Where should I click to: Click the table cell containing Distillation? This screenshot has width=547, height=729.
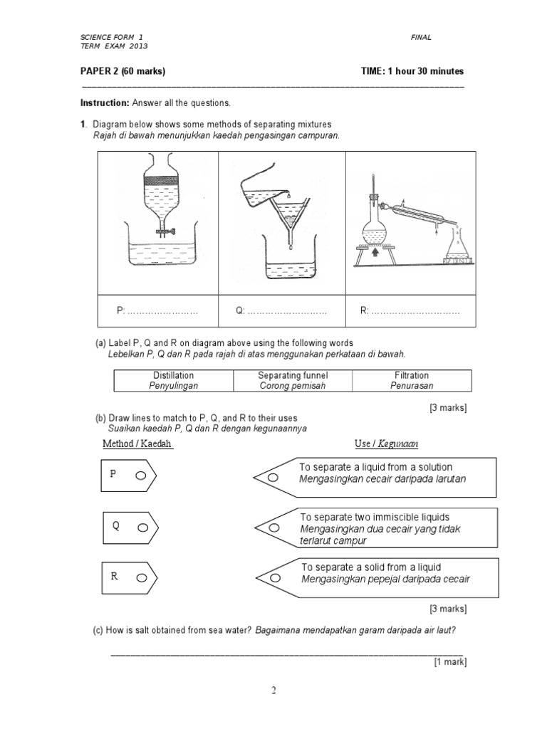tap(173, 380)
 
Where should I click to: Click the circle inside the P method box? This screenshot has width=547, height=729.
tap(140, 476)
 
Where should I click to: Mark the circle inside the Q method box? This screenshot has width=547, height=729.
tap(142, 528)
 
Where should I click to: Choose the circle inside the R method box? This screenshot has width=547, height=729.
tap(141, 578)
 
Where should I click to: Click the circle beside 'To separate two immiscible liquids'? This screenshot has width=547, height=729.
tap(273, 528)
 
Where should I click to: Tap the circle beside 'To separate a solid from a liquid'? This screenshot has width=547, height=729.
tap(273, 578)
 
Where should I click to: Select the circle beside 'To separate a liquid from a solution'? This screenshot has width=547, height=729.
tap(273, 478)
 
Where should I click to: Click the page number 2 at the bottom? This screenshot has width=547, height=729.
tap(273, 690)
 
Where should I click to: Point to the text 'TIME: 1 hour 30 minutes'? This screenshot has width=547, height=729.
tap(412, 71)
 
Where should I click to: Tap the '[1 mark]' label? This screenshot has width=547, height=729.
tap(450, 661)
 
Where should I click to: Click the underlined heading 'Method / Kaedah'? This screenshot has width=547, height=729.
tap(137, 444)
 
